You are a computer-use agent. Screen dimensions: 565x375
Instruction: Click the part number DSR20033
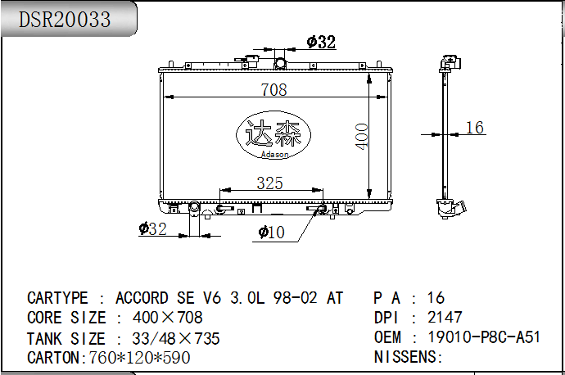(x=64, y=20)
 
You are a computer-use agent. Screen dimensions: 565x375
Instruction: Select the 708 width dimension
(x=273, y=90)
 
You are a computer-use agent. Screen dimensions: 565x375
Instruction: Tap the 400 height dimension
(x=362, y=136)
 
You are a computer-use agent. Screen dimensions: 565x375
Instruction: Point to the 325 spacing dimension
(x=269, y=183)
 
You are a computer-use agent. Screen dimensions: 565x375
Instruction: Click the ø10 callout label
(x=271, y=233)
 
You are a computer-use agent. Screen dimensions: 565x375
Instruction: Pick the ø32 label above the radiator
(x=321, y=42)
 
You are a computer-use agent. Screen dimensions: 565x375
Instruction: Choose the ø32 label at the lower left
(x=153, y=228)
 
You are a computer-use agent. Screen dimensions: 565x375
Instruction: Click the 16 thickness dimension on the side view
(x=475, y=128)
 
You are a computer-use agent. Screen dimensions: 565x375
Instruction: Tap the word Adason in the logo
(x=274, y=155)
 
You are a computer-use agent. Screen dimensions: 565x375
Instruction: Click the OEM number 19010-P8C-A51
(x=484, y=337)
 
